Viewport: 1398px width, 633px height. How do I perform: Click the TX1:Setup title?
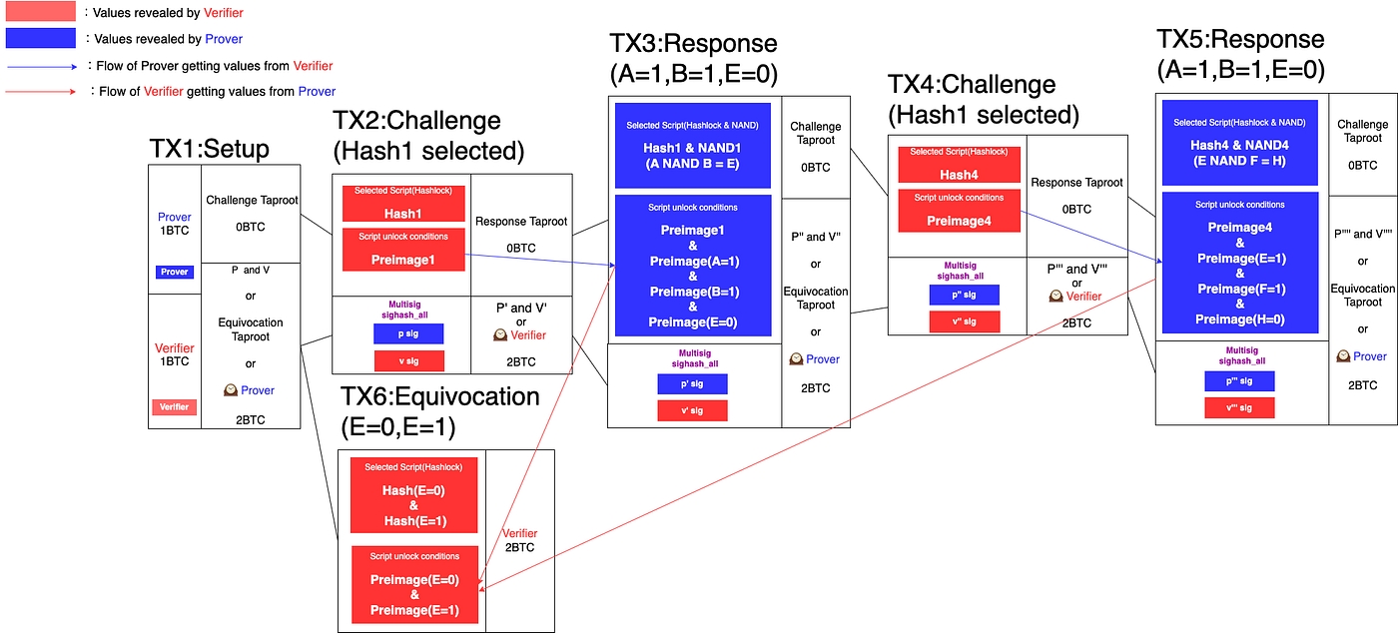tap(209, 150)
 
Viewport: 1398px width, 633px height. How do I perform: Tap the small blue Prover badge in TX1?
tap(175, 272)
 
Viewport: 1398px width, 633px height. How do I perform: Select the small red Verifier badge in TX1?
tap(175, 406)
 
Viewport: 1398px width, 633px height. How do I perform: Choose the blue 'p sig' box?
tap(408, 333)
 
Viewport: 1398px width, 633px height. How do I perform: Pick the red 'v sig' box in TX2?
tap(408, 360)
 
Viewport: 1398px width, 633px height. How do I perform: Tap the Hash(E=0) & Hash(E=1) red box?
tap(414, 495)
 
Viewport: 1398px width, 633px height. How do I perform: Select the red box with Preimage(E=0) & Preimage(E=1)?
tap(414, 583)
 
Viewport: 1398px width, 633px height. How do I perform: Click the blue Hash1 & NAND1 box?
tap(692, 146)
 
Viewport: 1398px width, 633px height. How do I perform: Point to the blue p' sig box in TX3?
tap(692, 383)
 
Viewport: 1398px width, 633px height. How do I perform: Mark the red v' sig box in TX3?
tap(692, 409)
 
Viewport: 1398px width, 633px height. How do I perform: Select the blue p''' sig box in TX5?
tap(1239, 380)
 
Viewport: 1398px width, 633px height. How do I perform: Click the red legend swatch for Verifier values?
tap(40, 13)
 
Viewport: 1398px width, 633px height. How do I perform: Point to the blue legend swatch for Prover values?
tap(40, 39)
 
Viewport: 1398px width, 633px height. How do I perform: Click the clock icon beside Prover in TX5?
tap(1344, 356)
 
